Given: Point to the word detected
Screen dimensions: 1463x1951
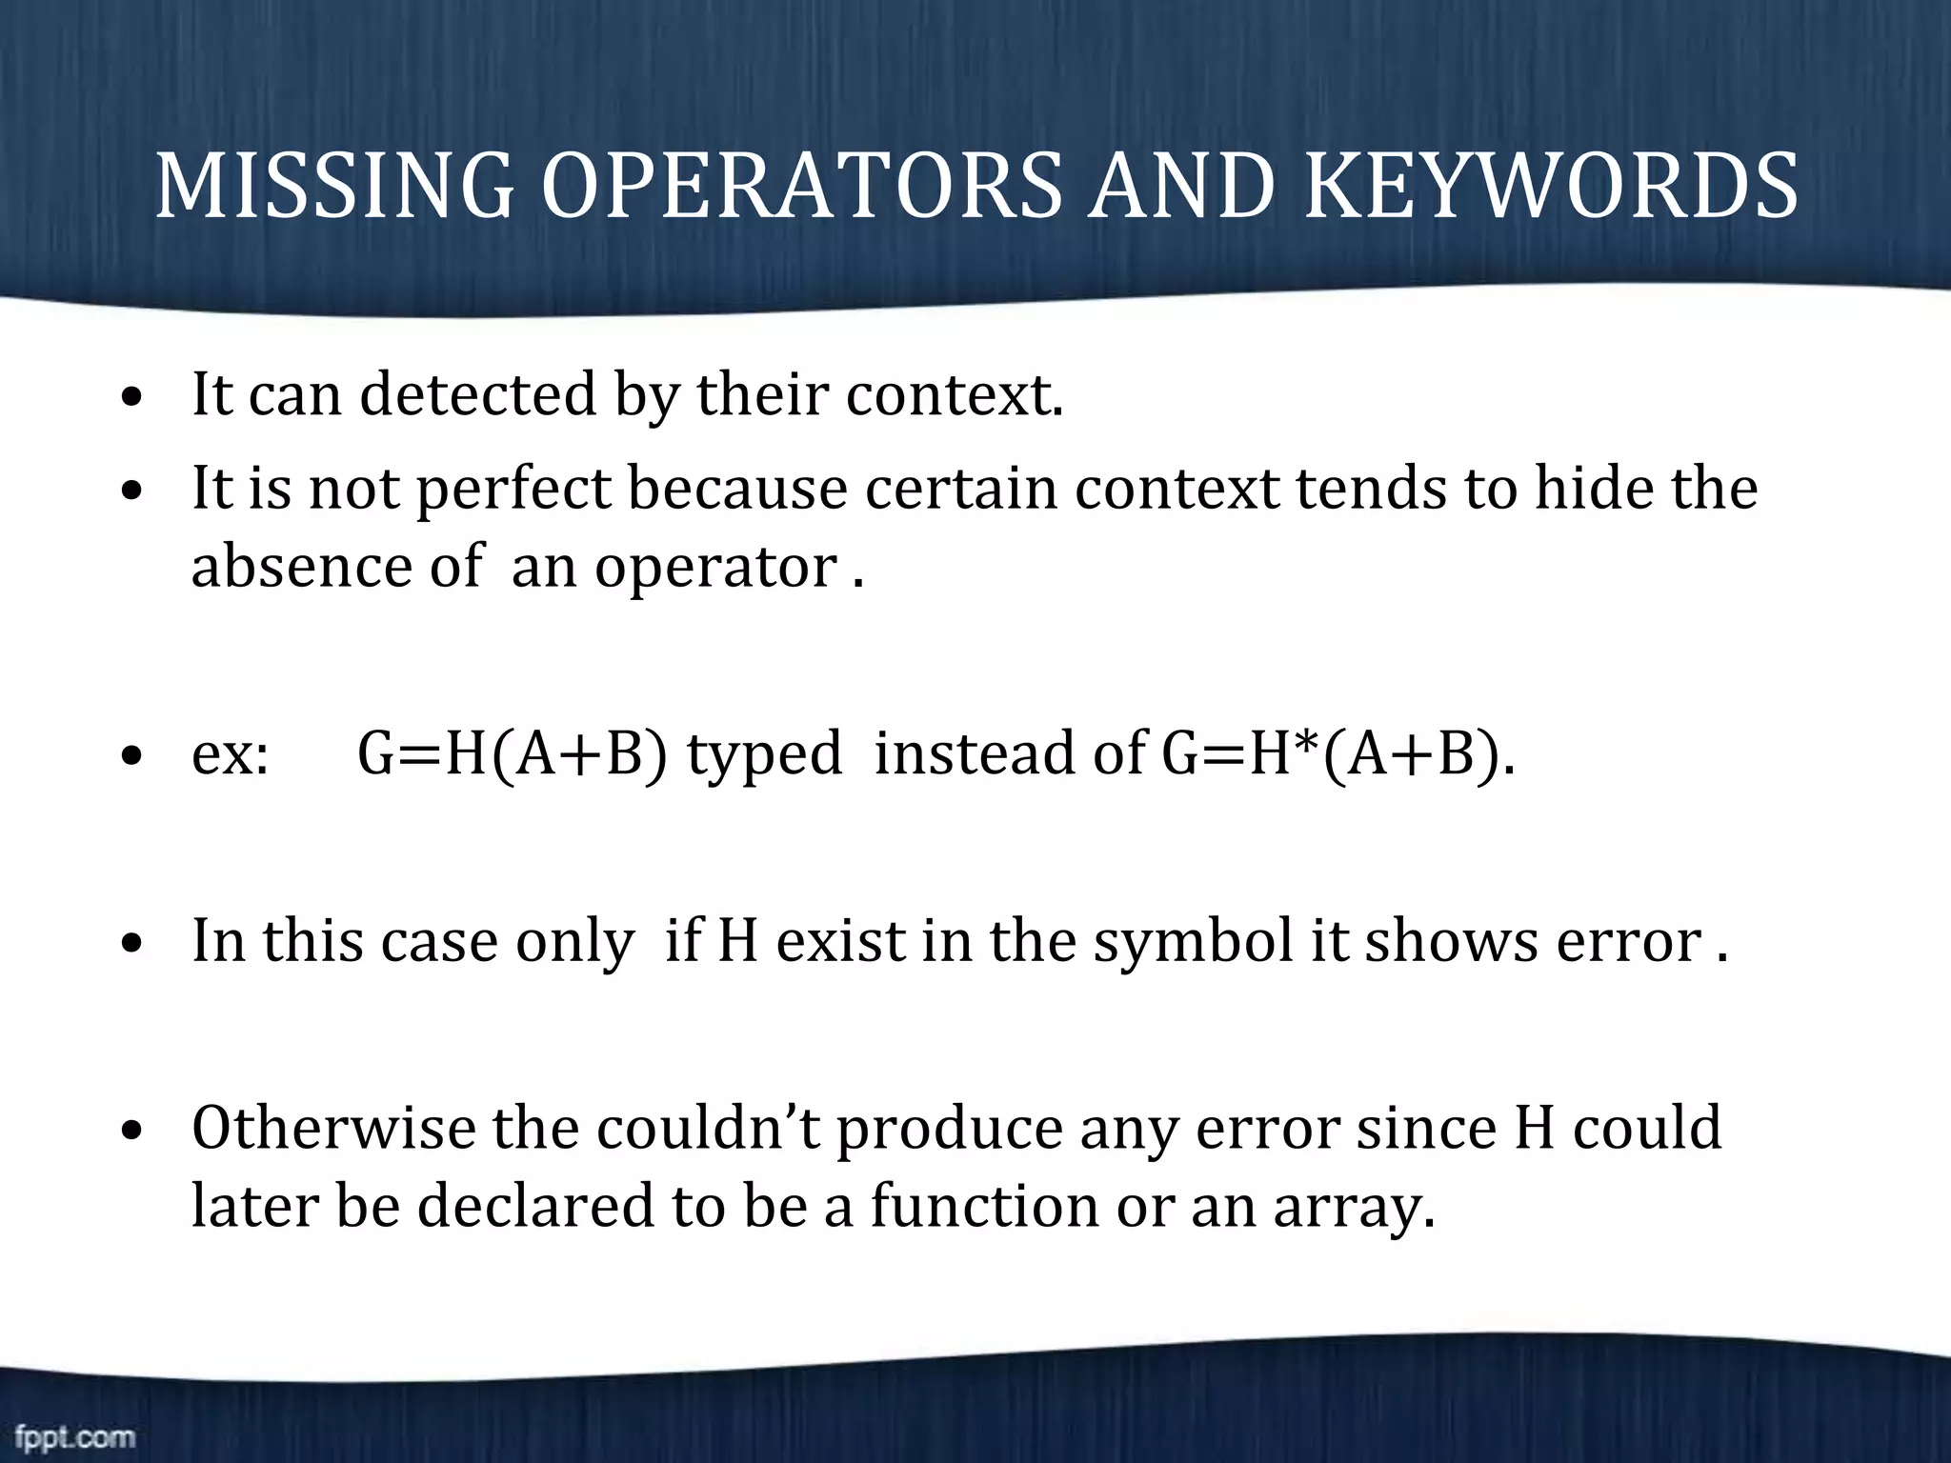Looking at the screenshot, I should (x=477, y=394).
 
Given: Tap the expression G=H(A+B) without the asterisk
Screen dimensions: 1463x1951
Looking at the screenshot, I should (x=512, y=752).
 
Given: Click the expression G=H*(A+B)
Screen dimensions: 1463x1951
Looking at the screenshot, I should (x=1337, y=752).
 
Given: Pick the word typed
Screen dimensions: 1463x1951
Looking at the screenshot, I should (x=764, y=752).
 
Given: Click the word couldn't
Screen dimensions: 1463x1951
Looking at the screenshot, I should (x=709, y=1130).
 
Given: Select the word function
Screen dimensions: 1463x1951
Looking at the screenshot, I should (x=985, y=1206).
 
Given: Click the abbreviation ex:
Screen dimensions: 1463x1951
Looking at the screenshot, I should (x=230, y=754).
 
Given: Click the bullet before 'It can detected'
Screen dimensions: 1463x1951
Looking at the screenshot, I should (x=133, y=397).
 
